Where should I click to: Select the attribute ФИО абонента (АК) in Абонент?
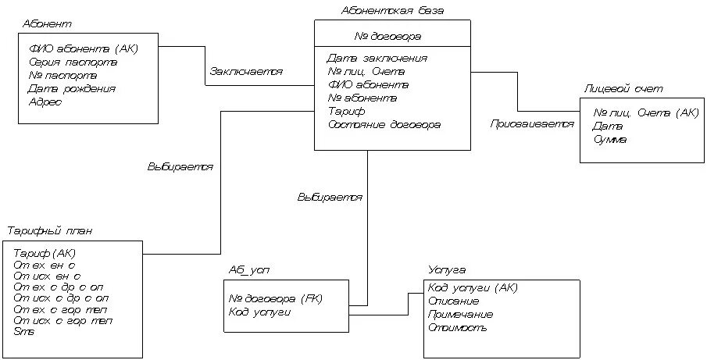(83, 48)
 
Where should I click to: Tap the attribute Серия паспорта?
(73, 62)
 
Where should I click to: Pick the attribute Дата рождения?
(72, 88)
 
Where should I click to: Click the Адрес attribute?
(45, 102)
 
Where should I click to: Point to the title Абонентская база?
(393, 10)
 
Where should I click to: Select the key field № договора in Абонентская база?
(388, 36)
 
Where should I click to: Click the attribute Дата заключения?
(377, 58)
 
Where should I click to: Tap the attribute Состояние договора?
(384, 124)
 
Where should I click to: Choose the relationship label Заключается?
(246, 71)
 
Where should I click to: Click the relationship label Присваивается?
(532, 124)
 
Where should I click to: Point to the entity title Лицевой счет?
(618, 90)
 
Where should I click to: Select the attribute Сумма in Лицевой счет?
(610, 139)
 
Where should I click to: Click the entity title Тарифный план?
(51, 231)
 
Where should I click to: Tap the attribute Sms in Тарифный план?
(23, 331)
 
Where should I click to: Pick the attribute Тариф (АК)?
(45, 253)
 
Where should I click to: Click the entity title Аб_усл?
(248, 269)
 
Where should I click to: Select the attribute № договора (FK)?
(275, 298)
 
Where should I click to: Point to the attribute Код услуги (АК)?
(473, 287)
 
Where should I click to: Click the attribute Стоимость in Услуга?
(458, 327)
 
